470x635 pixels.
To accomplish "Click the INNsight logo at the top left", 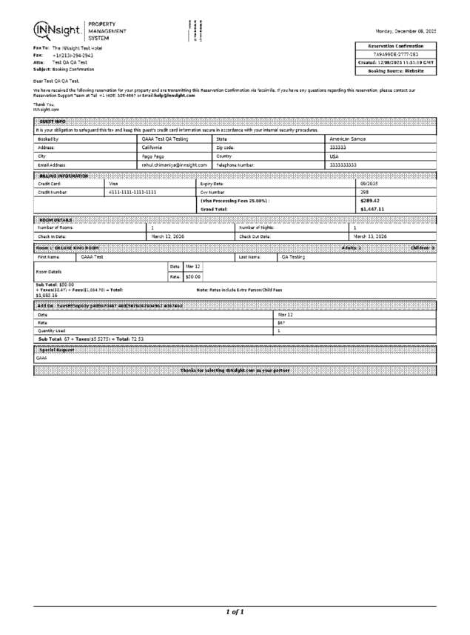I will coord(57,30).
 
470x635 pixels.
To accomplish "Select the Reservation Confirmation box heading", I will coord(396,46).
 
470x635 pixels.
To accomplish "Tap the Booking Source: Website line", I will coord(396,71).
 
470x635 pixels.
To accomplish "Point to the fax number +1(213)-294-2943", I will coord(73,55).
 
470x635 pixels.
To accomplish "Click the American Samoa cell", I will coord(349,139).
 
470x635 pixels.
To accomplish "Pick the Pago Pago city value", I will coord(153,156).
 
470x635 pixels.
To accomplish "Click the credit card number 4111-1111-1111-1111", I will coord(132,192).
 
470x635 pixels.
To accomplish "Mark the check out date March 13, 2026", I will coord(372,236).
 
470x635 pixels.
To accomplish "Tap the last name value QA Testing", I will coord(293,257).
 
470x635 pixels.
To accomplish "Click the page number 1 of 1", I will coord(235,611).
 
